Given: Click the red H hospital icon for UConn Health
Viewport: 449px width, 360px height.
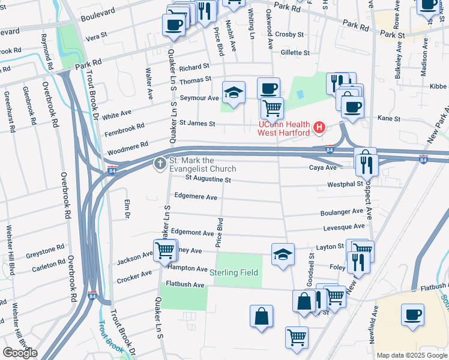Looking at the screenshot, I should click(319, 128).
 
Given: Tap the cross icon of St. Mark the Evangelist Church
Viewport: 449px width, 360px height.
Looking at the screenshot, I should click(160, 163).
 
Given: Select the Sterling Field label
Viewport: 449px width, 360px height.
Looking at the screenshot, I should click(234, 272).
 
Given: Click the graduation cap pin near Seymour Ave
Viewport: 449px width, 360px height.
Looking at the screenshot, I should click(234, 93).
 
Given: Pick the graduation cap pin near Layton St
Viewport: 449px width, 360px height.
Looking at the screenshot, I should click(283, 254).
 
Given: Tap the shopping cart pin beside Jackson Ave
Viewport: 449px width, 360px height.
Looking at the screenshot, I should click(164, 251).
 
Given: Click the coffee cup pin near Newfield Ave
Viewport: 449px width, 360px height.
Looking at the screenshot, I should click(412, 315).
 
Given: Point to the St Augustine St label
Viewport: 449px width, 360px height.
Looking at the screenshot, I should click(208, 179).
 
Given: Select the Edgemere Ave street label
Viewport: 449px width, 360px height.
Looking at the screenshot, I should click(195, 196).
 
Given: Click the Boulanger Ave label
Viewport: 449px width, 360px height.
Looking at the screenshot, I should click(342, 211).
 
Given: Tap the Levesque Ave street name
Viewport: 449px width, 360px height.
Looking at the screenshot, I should click(344, 227).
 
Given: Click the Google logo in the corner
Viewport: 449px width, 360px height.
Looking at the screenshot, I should click(20, 353).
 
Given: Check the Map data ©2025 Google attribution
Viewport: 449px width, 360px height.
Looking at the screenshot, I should click(412, 355).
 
